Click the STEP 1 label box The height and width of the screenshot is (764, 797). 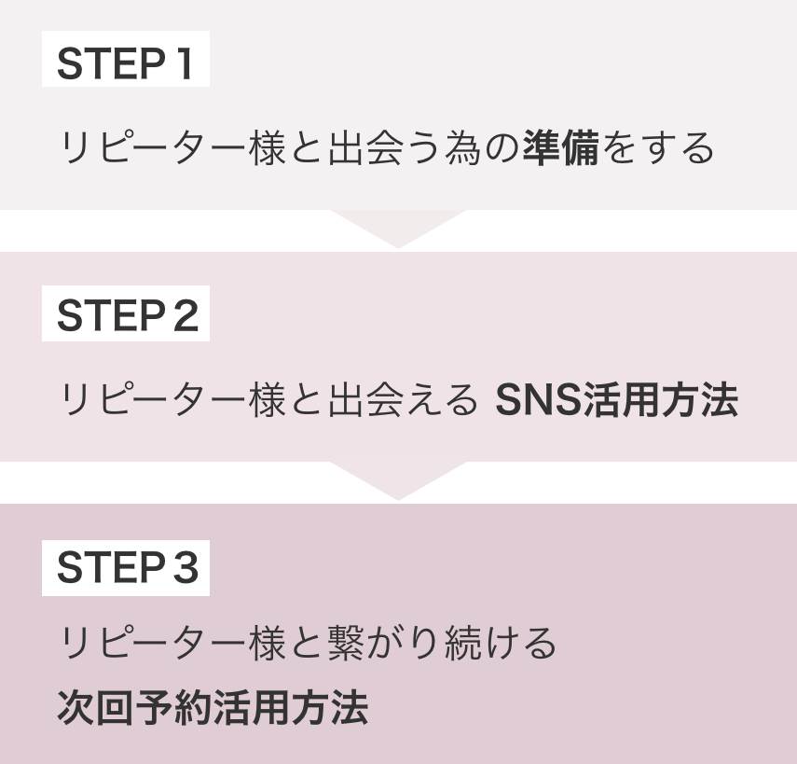(x=125, y=63)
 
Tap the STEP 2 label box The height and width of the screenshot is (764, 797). (x=125, y=317)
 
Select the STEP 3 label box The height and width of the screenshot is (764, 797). (x=125, y=568)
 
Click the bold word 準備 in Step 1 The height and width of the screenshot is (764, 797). (x=560, y=148)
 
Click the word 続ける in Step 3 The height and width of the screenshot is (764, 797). (x=499, y=643)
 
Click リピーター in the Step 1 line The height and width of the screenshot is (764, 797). (x=154, y=148)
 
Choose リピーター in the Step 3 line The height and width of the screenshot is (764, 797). (x=154, y=643)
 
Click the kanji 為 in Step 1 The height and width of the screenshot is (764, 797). (x=462, y=148)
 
